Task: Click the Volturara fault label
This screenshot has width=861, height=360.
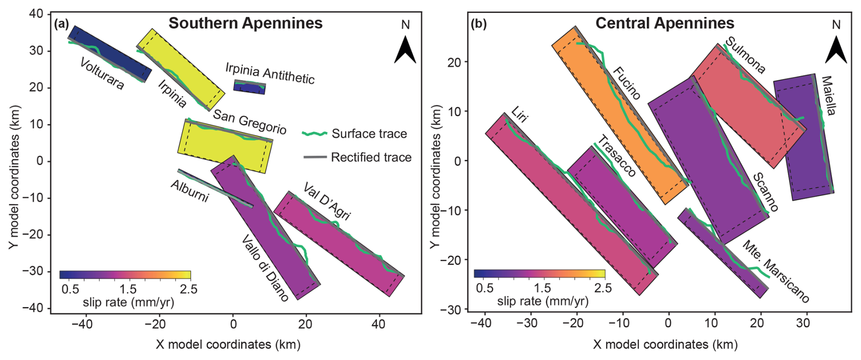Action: click(101, 73)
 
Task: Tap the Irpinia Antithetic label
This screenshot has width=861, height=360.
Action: click(270, 73)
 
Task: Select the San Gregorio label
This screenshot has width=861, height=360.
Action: click(249, 122)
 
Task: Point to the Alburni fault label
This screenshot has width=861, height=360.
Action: click(190, 191)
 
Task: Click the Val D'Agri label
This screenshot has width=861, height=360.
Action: click(327, 201)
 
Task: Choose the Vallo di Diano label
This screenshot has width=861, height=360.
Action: click(264, 268)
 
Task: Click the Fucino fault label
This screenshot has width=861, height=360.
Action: click(627, 83)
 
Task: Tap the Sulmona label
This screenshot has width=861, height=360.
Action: click(745, 55)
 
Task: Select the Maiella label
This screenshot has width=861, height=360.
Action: click(829, 96)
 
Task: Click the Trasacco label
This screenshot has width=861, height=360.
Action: click(616, 156)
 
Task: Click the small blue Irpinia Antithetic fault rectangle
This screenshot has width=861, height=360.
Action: click(249, 87)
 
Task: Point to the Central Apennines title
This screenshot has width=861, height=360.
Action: click(664, 23)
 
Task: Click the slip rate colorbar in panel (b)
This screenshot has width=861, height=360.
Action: click(539, 274)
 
